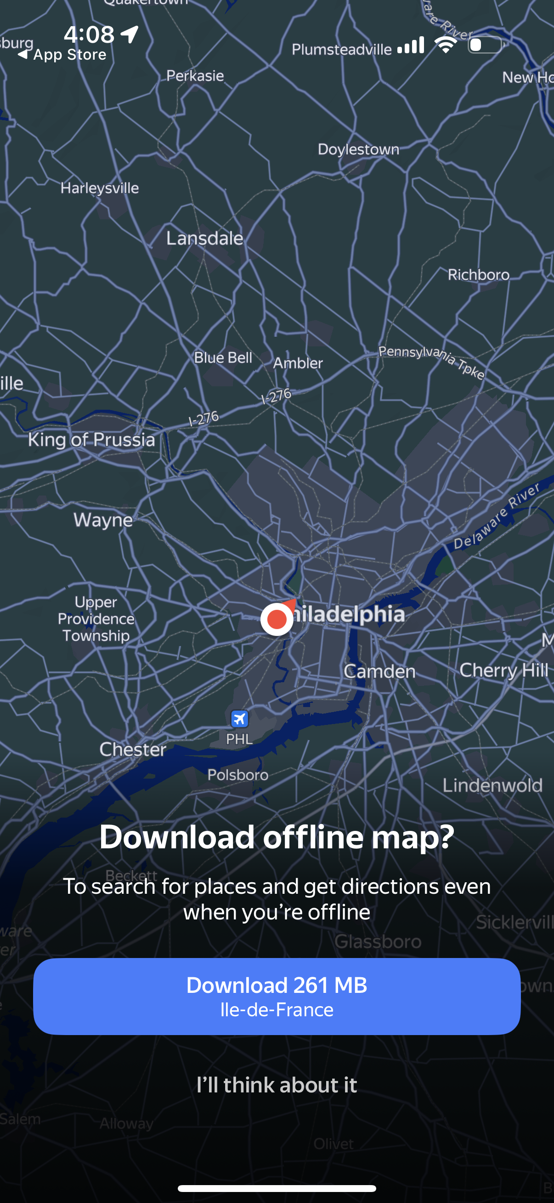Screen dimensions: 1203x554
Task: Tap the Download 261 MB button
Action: (x=277, y=996)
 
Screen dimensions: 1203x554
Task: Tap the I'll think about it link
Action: (x=277, y=1085)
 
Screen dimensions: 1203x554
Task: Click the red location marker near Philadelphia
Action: (x=277, y=619)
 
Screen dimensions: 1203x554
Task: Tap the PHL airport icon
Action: (x=239, y=718)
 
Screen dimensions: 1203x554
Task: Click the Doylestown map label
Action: (x=359, y=150)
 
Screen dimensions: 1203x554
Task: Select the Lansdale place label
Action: (x=205, y=239)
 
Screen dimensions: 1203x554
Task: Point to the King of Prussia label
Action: (x=91, y=440)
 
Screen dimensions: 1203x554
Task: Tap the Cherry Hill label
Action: (x=503, y=671)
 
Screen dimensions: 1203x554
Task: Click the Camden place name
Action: (x=379, y=672)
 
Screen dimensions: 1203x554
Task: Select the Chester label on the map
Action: (x=133, y=750)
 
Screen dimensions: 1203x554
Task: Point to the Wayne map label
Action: (x=103, y=520)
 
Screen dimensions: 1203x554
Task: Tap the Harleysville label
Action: (x=100, y=188)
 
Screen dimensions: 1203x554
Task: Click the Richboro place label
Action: (x=479, y=274)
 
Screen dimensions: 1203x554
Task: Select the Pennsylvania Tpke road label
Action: (x=431, y=362)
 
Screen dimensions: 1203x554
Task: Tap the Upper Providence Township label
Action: (x=96, y=619)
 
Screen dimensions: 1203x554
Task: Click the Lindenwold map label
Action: (x=492, y=785)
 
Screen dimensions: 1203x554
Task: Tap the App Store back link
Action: (x=63, y=55)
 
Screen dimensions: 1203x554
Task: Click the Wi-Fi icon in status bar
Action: (x=446, y=45)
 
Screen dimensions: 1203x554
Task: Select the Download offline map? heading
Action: (x=277, y=837)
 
